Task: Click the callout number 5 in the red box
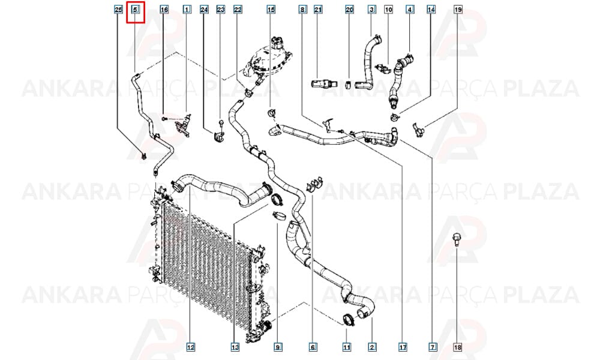[x=135, y=9]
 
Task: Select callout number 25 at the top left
[x=119, y=9]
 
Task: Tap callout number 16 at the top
[x=164, y=9]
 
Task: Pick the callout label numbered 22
[x=238, y=9]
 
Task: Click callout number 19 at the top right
[x=458, y=9]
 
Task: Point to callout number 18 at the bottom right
[x=458, y=347]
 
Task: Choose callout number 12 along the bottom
[x=191, y=347]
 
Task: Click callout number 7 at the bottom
[x=433, y=347]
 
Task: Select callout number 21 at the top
[x=318, y=9]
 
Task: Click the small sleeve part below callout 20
[x=348, y=84]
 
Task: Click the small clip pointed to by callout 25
[x=144, y=156]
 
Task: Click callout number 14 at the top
[x=431, y=9]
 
